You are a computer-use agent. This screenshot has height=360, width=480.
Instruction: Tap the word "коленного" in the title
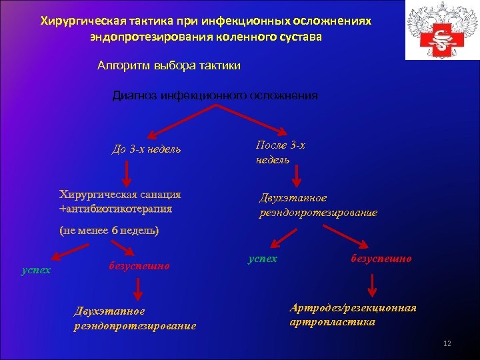pos(247,37)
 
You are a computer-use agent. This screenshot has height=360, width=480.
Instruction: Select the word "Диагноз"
pos(135,95)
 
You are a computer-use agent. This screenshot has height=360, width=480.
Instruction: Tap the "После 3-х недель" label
pos(280,152)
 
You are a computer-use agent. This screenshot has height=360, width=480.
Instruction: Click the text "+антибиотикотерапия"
pos(115,209)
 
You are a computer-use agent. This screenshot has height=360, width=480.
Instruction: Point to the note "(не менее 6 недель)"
pos(109,231)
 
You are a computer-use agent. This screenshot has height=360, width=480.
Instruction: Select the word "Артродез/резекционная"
pos(353,308)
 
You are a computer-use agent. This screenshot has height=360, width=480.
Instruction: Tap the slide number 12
pos(447,343)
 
